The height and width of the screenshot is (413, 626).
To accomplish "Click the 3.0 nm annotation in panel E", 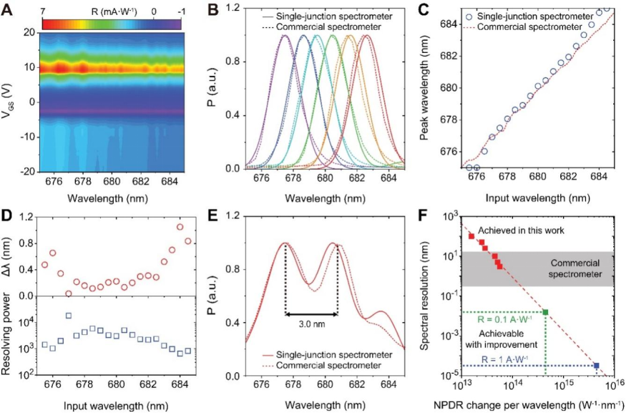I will tap(310, 323).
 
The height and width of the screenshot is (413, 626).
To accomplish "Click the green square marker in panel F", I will tap(546, 312).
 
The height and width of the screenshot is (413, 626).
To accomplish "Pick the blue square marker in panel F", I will tap(596, 366).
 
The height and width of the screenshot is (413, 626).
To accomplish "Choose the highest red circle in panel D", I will tap(180, 227).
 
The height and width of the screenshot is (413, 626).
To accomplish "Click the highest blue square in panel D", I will tap(68, 316).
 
